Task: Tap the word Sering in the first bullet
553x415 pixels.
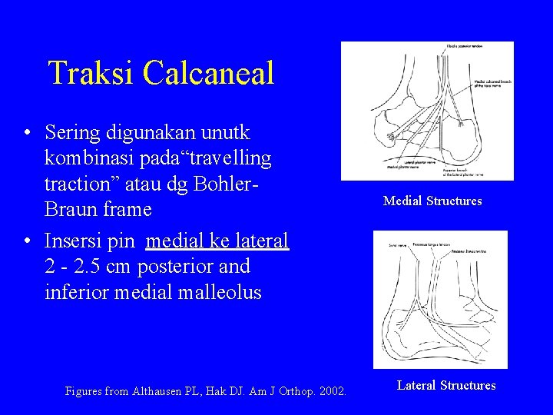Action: [x=72, y=132]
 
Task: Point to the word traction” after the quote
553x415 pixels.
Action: [x=84, y=184]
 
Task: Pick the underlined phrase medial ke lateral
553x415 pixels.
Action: [x=217, y=241]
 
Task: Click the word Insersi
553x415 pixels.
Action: [x=75, y=241]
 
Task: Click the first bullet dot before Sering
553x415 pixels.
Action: [x=27, y=133]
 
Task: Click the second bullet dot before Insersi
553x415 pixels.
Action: [x=27, y=242]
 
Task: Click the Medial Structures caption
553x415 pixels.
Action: [x=432, y=201]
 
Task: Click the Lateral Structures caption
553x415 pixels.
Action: [x=446, y=386]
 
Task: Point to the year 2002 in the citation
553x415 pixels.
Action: [x=332, y=392]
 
